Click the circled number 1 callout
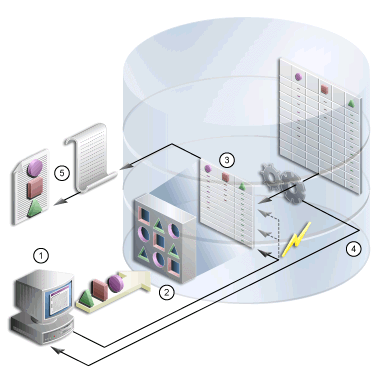pyautogui.click(x=41, y=254)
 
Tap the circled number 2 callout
pyautogui.click(x=167, y=292)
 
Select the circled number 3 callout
pyautogui.click(x=228, y=158)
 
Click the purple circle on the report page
pyautogui.click(x=28, y=163)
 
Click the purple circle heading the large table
pyautogui.click(x=298, y=74)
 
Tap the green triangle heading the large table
pyautogui.click(x=351, y=102)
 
